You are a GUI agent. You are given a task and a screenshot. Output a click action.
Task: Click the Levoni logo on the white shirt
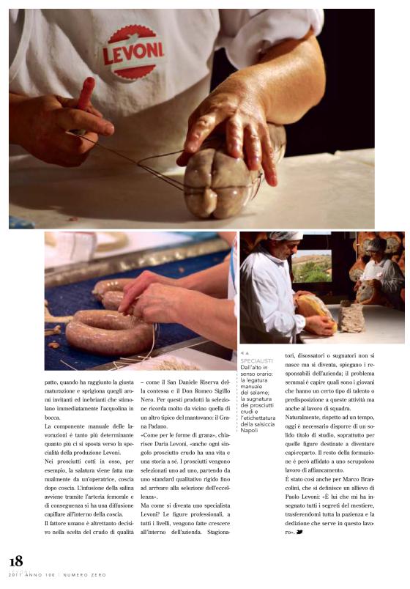[133, 51]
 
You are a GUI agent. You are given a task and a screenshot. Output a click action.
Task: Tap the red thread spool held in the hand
[85, 95]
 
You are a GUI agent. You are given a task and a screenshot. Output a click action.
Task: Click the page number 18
[15, 561]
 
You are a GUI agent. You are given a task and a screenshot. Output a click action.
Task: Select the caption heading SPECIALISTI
[256, 361]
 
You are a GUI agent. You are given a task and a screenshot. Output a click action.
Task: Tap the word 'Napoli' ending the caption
[249, 430]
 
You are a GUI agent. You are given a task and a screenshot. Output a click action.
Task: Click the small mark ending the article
[300, 552]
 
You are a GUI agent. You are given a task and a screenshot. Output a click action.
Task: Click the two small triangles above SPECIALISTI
[245, 353]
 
